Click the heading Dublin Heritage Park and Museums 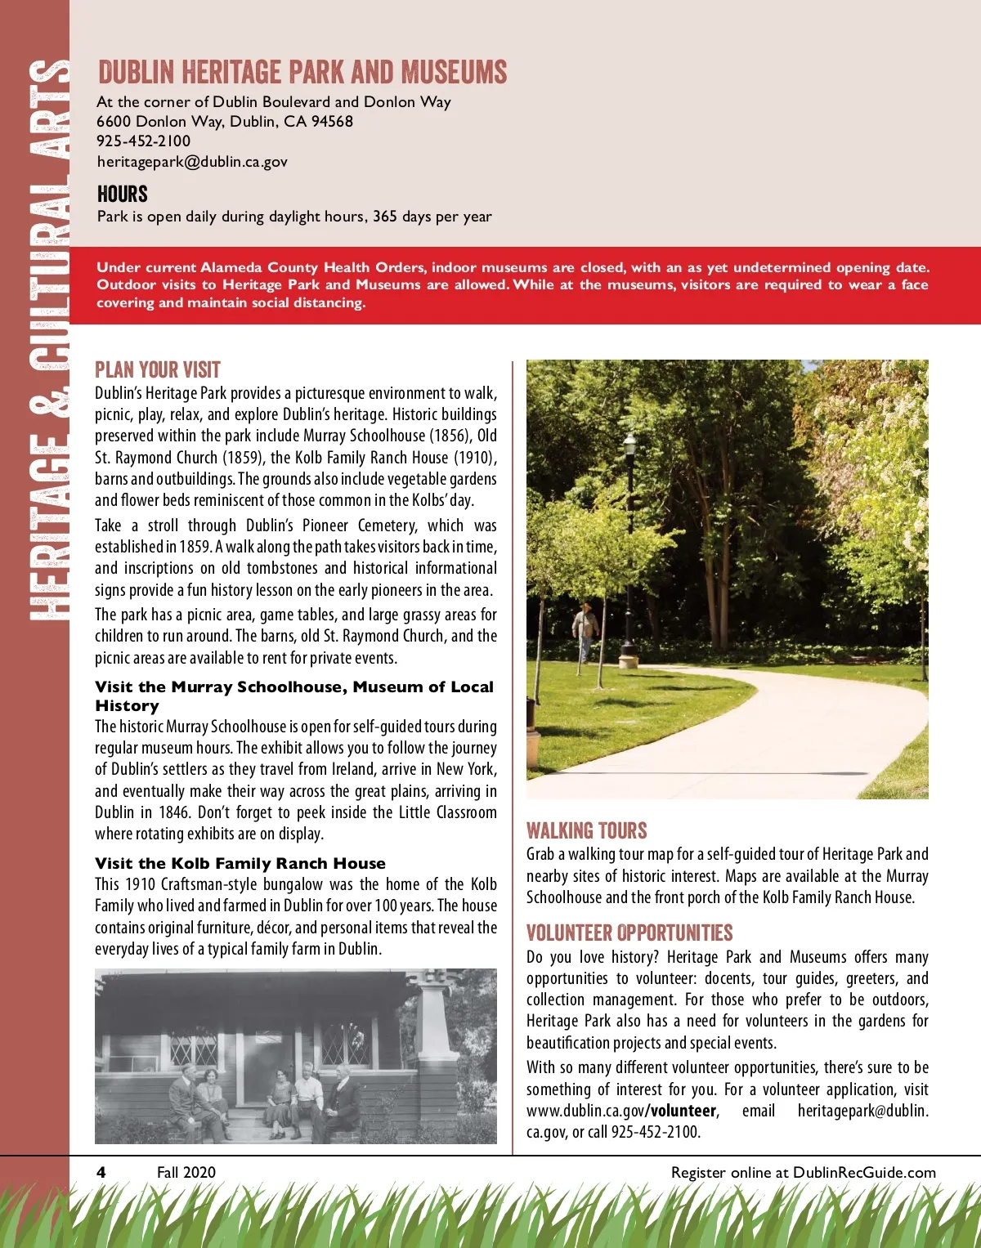tap(302, 72)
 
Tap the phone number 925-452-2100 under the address tap(143, 141)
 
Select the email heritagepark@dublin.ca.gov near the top tap(192, 161)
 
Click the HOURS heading tap(123, 195)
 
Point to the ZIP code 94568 tap(332, 121)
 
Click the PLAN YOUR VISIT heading tap(158, 369)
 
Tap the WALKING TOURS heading tap(586, 830)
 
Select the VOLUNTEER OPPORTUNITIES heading tap(629, 933)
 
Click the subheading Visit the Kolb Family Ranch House tap(240, 863)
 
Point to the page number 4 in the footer tap(101, 1172)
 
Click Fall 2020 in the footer tap(186, 1172)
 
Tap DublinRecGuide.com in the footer tap(864, 1172)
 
